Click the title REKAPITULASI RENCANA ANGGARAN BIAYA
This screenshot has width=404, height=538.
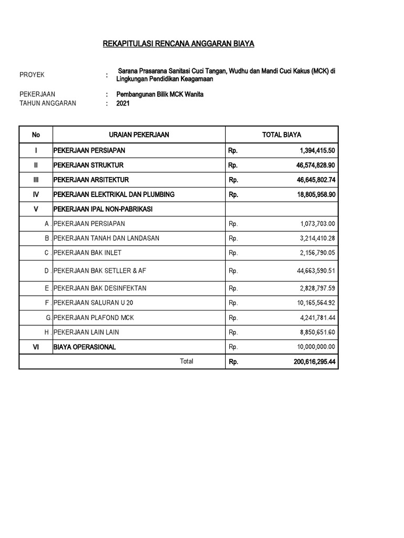(178, 44)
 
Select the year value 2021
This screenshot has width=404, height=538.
(123, 104)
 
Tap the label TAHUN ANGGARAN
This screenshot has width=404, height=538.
(48, 104)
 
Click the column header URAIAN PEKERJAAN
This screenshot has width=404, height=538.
(139, 135)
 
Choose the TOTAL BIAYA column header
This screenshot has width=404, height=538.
(281, 135)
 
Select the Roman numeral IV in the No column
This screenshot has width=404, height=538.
(36, 194)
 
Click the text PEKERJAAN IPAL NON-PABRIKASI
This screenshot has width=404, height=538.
(103, 209)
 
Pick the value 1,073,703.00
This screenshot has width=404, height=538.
(318, 223)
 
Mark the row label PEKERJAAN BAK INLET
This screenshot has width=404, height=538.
(87, 253)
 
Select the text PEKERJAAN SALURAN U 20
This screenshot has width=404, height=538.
(93, 303)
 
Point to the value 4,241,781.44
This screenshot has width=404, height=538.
(318, 317)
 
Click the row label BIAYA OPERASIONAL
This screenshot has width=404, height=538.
(84, 347)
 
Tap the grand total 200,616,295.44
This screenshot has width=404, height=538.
(312, 361)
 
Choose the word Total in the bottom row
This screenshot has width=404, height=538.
(186, 361)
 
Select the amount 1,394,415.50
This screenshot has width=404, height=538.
(317, 150)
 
